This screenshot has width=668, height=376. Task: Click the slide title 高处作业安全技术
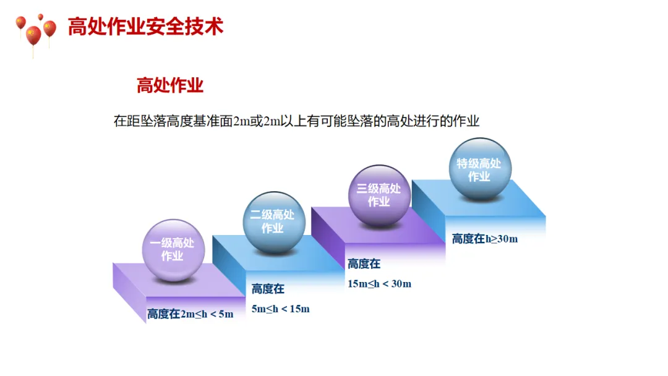pyautogui.click(x=145, y=27)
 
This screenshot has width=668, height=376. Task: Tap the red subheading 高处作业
pyautogui.click(x=170, y=85)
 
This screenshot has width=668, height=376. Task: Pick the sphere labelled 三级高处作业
pyautogui.click(x=379, y=195)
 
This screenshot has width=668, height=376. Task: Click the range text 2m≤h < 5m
pyautogui.click(x=207, y=314)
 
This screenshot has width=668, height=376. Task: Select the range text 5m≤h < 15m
pyautogui.click(x=280, y=309)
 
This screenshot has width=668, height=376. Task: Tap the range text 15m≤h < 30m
pyautogui.click(x=379, y=284)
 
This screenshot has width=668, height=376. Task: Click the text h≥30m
pyautogui.click(x=501, y=239)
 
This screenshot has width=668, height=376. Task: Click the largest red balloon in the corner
pyautogui.click(x=33, y=35)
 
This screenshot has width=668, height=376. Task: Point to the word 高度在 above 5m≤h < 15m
pyautogui.click(x=268, y=289)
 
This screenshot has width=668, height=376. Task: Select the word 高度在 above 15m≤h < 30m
pyautogui.click(x=364, y=264)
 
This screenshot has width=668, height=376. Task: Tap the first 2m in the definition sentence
pyautogui.click(x=240, y=121)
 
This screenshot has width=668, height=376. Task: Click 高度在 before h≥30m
pyautogui.click(x=468, y=239)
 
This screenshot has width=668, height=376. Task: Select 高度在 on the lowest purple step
pyautogui.click(x=163, y=314)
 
